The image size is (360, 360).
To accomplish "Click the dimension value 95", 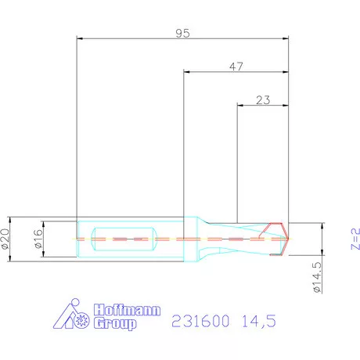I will pyautogui.click(x=182, y=33).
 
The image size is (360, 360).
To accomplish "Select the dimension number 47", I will pyautogui.click(x=236, y=67).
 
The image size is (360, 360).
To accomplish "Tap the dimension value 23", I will pyautogui.click(x=263, y=100).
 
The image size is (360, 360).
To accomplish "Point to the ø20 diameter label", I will pyautogui.click(x=6, y=236).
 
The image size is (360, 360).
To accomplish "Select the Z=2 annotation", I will pyautogui.click(x=353, y=238).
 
